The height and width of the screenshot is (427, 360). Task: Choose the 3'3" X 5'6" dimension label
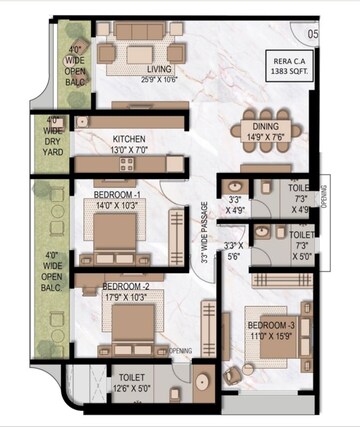pos(234,251)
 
